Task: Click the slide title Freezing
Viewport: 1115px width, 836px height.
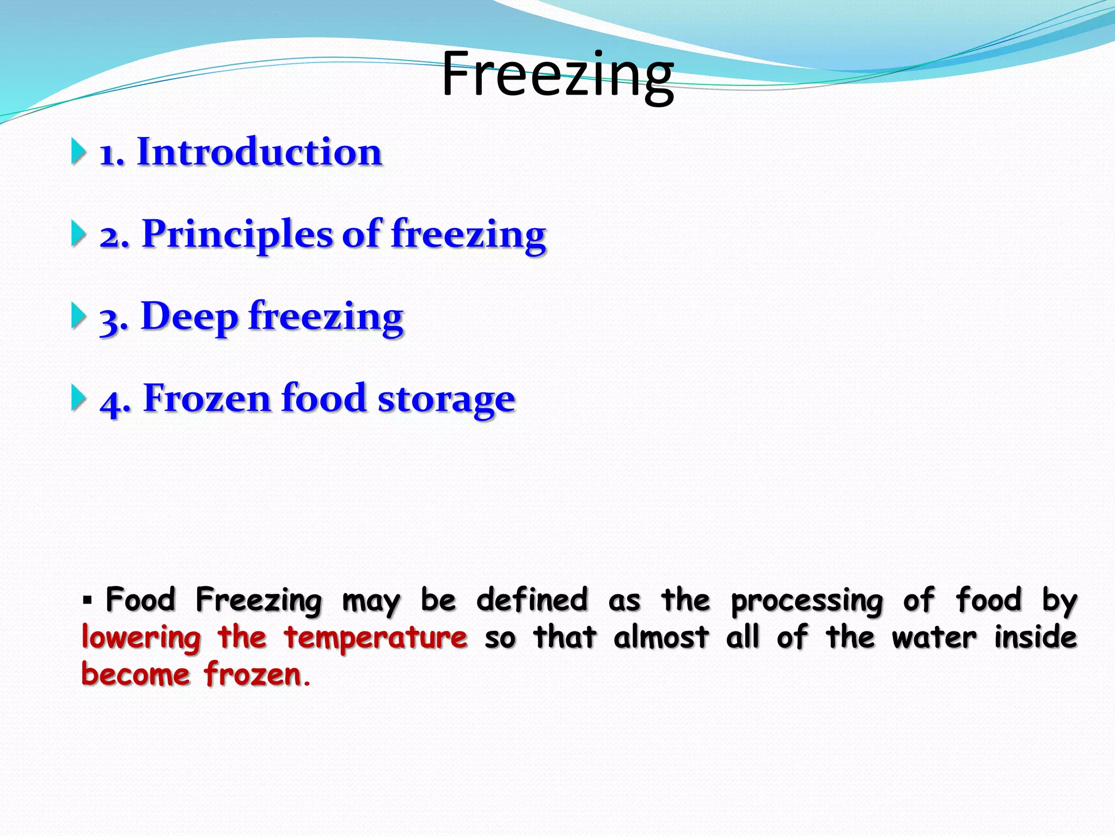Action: (557, 75)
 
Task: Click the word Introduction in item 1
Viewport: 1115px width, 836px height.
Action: (260, 152)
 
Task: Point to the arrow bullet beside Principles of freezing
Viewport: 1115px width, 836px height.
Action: (79, 234)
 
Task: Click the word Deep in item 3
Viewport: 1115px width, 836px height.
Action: (189, 317)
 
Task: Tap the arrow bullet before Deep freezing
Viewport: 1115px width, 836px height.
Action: (79, 316)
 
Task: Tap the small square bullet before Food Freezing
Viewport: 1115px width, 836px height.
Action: (87, 601)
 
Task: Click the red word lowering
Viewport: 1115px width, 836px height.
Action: (141, 638)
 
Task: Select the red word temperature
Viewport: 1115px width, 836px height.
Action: (376, 638)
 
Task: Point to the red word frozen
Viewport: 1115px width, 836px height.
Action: (253, 674)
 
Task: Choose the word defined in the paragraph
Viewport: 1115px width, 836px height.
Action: (532, 600)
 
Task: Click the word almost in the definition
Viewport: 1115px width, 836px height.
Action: (661, 637)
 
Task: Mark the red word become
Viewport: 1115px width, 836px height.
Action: (136, 674)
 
